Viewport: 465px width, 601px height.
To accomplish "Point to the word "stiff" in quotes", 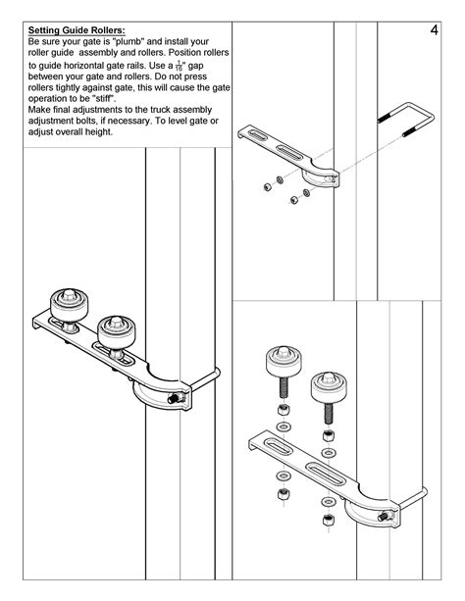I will coord(104,100).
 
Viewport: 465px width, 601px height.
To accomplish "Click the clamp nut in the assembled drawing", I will coord(176,400).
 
